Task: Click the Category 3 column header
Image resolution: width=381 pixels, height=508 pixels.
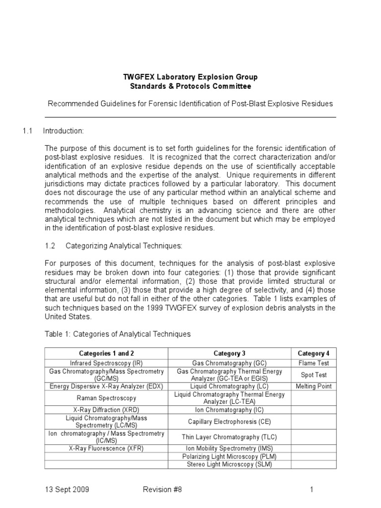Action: (229, 353)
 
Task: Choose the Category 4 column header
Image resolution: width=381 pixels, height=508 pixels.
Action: (313, 353)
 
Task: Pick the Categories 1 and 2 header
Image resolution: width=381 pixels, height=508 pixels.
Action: (106, 353)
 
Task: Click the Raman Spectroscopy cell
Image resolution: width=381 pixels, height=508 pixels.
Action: (106, 398)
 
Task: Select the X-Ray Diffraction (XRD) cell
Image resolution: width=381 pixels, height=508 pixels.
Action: (106, 410)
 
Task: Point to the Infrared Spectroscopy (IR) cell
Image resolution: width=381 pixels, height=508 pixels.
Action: (106, 363)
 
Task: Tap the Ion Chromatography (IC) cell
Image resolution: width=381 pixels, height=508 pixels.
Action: (229, 410)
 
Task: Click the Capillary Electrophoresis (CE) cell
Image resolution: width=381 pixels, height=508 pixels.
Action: (229, 422)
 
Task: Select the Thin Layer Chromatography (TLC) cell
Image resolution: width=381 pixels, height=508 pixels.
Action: (229, 437)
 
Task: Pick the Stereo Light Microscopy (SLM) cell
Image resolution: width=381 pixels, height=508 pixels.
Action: (229, 464)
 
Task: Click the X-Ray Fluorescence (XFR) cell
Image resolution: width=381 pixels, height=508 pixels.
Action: (106, 448)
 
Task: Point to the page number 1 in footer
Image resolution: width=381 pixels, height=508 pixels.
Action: (312, 490)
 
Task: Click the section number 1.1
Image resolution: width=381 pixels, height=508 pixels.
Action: (27, 131)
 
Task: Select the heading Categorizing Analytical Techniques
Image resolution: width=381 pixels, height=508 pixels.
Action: (124, 245)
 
